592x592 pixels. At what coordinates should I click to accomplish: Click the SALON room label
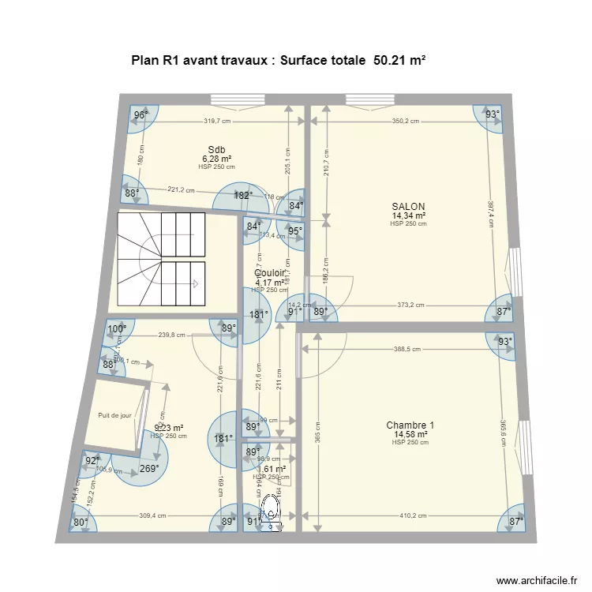[x=408, y=206]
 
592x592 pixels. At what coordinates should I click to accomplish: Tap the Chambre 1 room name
[x=410, y=425]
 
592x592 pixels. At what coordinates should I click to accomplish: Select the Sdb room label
[x=216, y=150]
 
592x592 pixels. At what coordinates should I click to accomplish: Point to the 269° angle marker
[x=149, y=468]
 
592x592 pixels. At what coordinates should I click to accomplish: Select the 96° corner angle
[x=141, y=115]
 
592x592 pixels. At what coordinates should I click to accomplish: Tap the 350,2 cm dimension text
[x=405, y=122]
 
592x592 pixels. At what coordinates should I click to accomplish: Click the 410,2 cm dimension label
[x=411, y=516]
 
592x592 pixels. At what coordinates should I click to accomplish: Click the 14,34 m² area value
[x=409, y=215]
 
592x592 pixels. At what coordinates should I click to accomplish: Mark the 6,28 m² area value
[x=216, y=159]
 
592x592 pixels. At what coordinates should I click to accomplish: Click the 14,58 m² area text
[x=410, y=434]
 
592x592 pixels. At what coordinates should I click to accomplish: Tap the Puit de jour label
[x=114, y=415]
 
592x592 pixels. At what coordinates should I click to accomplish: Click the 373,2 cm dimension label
[x=409, y=305]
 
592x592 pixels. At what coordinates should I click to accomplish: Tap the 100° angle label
[x=117, y=330]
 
